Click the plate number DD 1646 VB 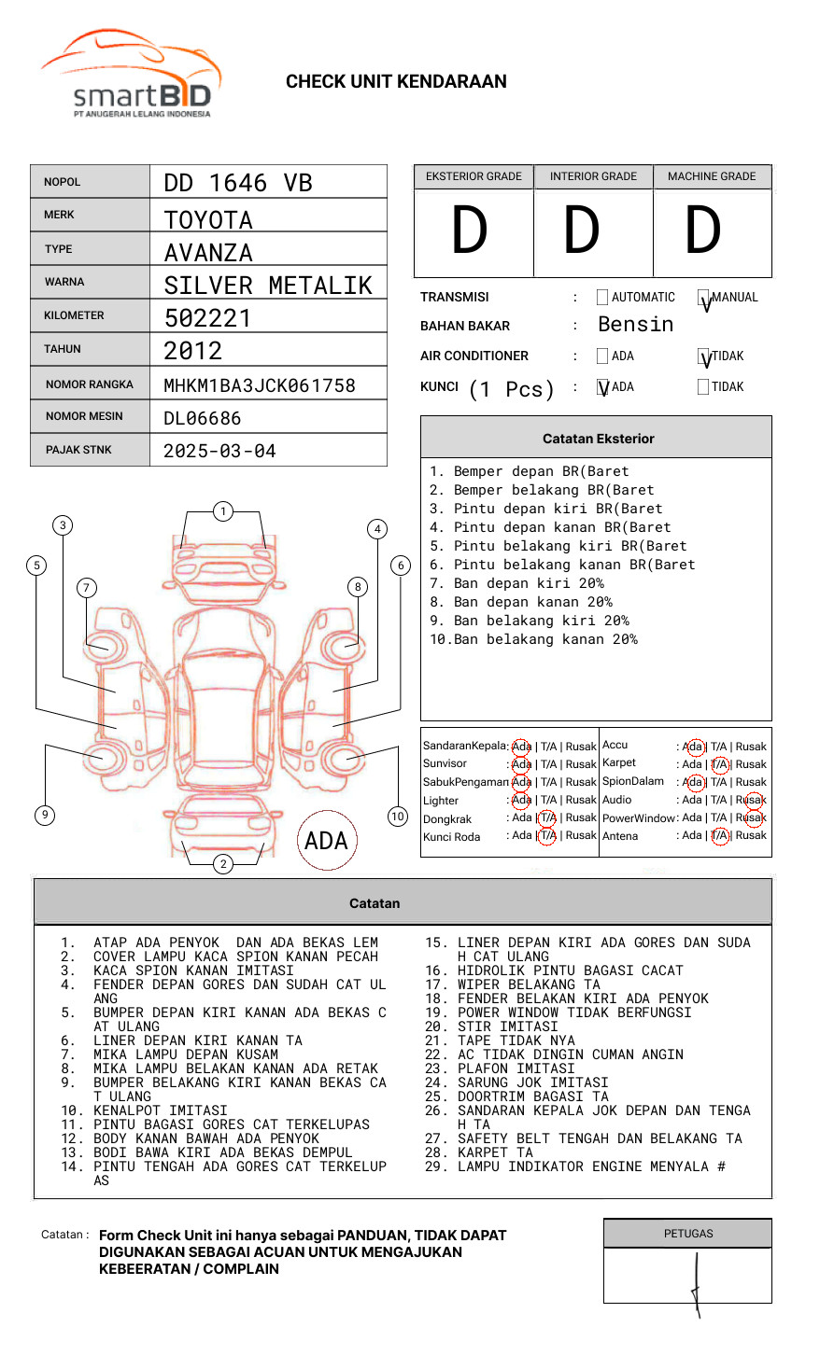pos(238,183)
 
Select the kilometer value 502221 pos(207,318)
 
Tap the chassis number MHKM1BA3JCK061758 pos(259,385)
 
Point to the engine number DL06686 pos(202,418)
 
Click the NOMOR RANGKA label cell pos(90,384)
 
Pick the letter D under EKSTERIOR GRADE pos(470,231)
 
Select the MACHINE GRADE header pos(712,176)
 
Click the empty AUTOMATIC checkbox pos(602,298)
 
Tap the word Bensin pos(635,325)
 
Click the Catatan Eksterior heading pos(598,439)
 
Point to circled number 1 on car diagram pos(222,510)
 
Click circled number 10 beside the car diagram pos(398,817)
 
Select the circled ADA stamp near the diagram pos(327,840)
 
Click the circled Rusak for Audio pos(753,800)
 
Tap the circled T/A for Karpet pos(719,764)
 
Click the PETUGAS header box pos(687,1234)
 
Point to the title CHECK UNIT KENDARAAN pos(396,82)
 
